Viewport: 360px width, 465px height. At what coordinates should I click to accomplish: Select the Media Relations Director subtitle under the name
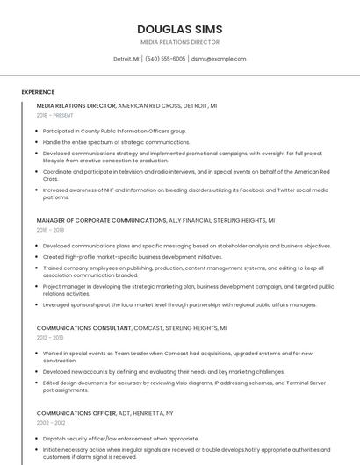pyautogui.click(x=180, y=41)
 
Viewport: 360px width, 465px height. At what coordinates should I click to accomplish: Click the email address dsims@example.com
pyautogui.click(x=219, y=59)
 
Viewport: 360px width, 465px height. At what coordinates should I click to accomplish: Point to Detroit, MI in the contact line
pyautogui.click(x=126, y=59)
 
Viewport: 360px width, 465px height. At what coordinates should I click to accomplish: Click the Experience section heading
pyautogui.click(x=38, y=92)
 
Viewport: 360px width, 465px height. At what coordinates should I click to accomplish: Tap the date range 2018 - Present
pyautogui.click(x=54, y=115)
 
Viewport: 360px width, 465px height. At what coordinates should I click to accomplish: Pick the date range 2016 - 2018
pyautogui.click(x=50, y=230)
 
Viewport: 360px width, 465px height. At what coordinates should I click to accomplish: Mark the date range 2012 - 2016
pyautogui.click(x=50, y=337)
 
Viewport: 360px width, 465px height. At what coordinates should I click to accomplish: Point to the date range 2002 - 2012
pyautogui.click(x=50, y=422)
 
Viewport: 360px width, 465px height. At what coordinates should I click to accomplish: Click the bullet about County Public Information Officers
pyautogui.click(x=114, y=131)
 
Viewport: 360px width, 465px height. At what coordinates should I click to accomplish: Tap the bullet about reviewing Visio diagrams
pyautogui.click(x=184, y=387)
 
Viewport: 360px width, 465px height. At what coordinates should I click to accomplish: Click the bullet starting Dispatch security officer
pyautogui.click(x=120, y=438)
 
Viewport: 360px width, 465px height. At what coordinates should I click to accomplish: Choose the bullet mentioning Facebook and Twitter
pyautogui.click(x=184, y=193)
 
